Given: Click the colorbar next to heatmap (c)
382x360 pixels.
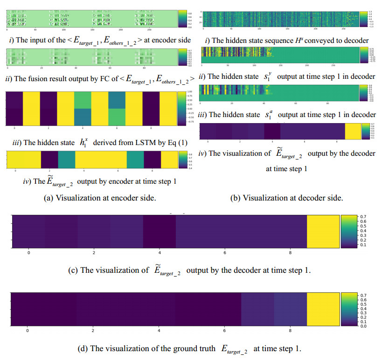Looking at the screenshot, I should [347, 230].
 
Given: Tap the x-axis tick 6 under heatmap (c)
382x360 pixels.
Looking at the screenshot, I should [225, 253].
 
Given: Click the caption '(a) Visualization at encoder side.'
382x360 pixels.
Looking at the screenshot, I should [99, 198].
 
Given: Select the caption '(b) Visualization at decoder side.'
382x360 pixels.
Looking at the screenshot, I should [287, 198].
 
